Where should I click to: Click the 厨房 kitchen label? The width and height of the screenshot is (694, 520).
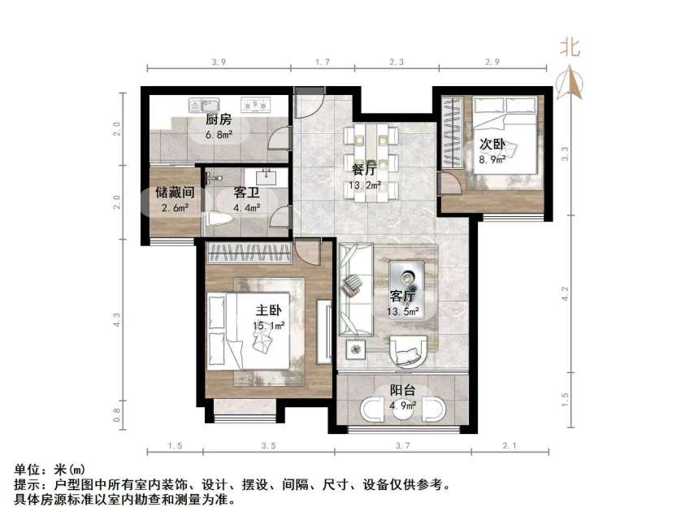219,120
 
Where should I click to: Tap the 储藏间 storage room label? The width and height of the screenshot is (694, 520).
174,193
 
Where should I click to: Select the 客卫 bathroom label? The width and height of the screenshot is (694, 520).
247,193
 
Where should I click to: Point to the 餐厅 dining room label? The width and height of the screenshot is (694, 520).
363,171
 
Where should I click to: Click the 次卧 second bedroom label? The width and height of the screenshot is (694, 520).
492,145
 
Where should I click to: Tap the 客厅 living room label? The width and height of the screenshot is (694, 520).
403,296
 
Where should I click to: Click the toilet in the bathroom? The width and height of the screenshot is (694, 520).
216,220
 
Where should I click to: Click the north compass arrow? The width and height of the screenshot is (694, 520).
570,82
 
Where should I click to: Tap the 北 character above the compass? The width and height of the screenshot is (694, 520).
570,48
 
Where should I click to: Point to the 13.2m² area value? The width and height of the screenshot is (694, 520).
362,184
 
